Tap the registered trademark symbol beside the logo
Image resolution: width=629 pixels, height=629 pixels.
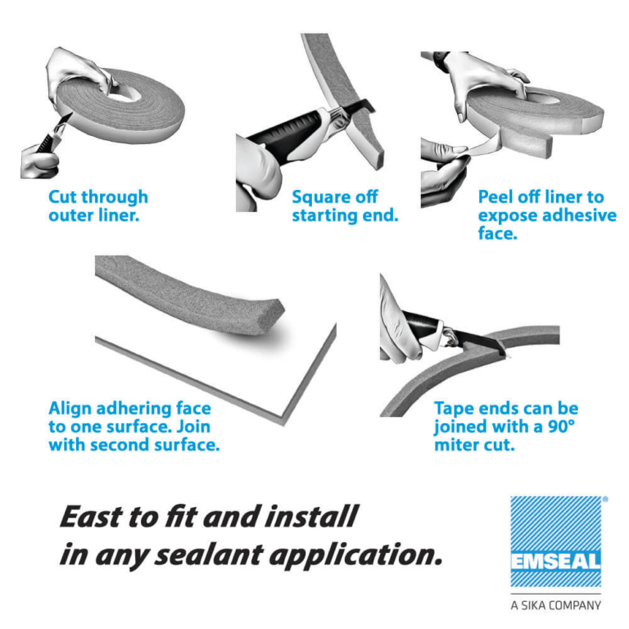pos(604,499)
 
